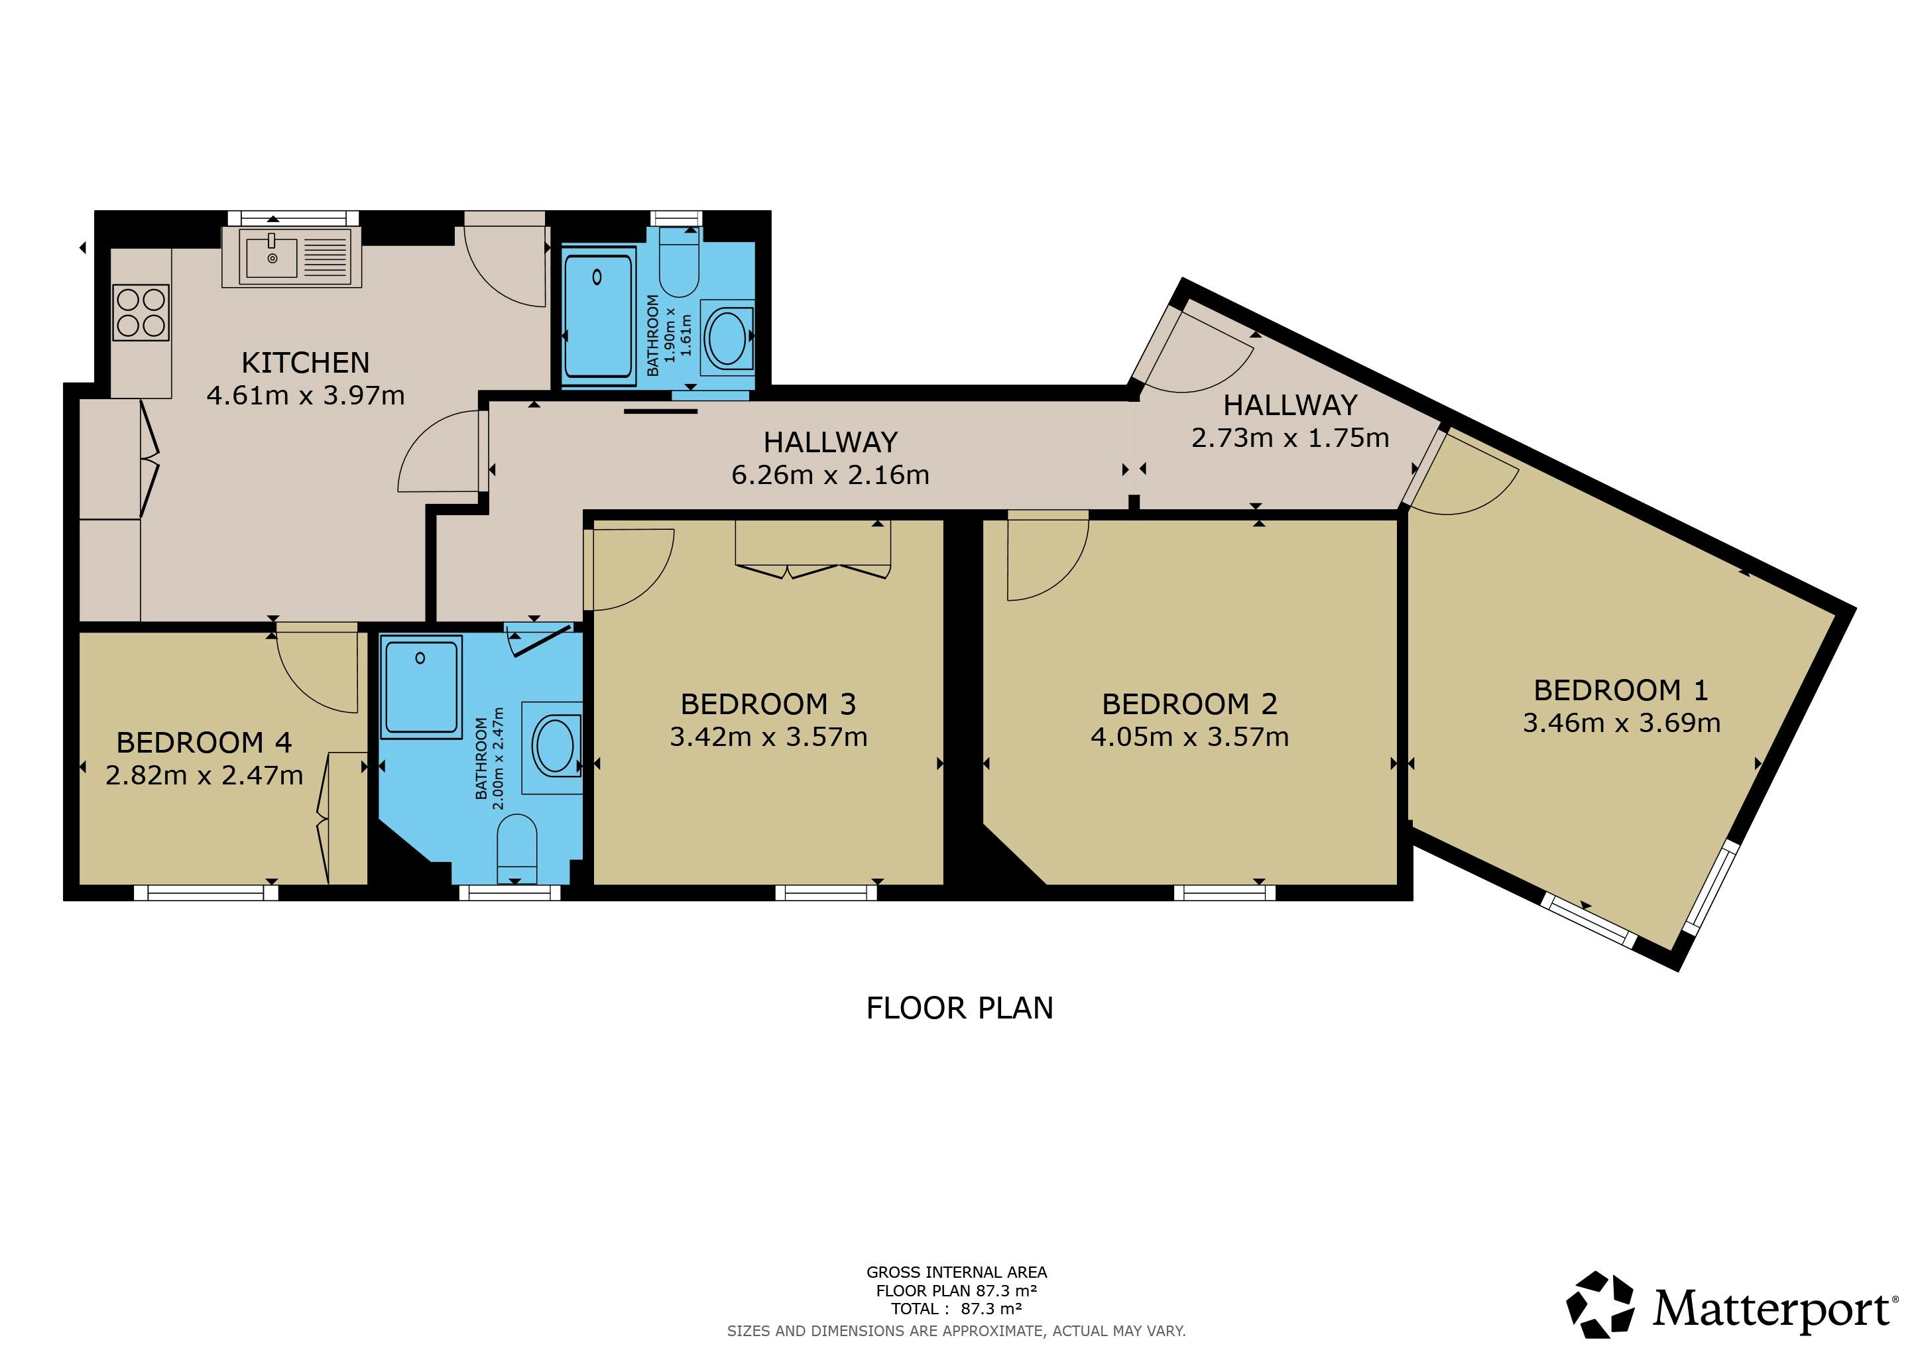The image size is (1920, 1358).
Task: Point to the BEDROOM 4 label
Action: tap(204, 743)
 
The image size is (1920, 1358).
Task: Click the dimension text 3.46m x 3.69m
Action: tap(1622, 723)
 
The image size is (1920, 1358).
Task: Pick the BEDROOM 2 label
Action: tap(1189, 704)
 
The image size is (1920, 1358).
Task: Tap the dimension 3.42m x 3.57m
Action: tap(768, 737)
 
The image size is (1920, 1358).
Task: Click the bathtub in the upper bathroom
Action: tap(598, 316)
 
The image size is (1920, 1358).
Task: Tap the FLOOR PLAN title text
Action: tap(959, 1009)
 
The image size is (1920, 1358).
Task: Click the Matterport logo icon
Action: tap(1600, 1306)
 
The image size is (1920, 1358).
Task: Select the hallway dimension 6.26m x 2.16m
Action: tap(830, 475)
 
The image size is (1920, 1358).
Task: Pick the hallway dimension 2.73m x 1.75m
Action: tap(1290, 438)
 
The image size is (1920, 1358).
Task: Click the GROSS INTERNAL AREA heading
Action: tap(957, 1272)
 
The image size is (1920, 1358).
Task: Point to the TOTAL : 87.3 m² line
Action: tap(957, 1309)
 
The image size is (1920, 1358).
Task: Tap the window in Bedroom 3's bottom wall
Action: tap(826, 893)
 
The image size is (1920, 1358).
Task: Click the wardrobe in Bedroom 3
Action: tap(813, 550)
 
